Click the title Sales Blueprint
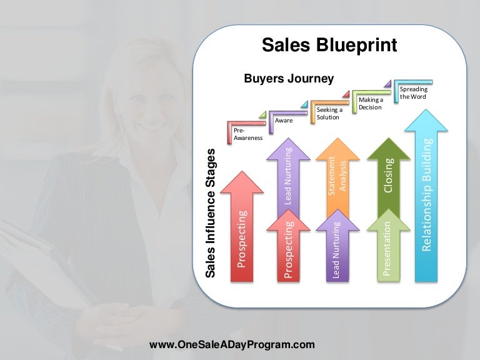pyautogui.click(x=329, y=45)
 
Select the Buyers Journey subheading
pyautogui.click(x=288, y=79)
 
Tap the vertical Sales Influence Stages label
pyautogui.click(x=211, y=213)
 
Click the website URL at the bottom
pyautogui.click(x=232, y=344)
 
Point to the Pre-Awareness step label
pyautogui.click(x=247, y=134)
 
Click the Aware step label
pyautogui.click(x=283, y=120)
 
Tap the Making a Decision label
pyautogui.click(x=371, y=103)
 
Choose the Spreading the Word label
pyautogui.click(x=413, y=93)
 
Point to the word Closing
pyautogui.click(x=388, y=176)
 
